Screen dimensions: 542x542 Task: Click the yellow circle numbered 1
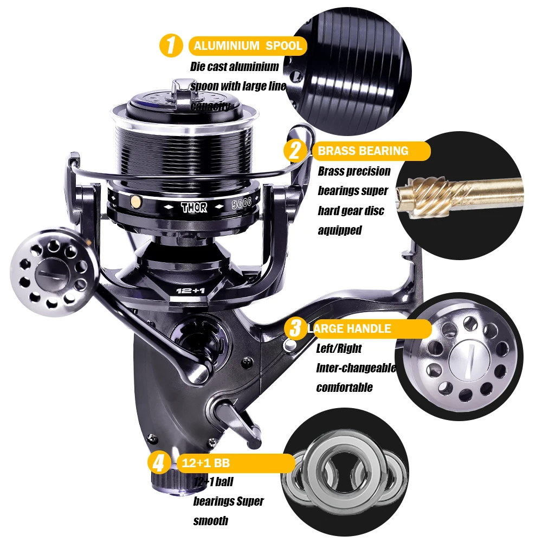coord(172,45)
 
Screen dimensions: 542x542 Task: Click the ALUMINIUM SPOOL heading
coord(248,46)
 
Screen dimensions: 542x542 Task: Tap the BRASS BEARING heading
coord(363,151)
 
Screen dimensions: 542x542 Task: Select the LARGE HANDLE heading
coord(350,328)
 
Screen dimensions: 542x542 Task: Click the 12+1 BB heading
coord(207,463)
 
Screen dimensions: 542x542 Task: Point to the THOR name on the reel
coord(194,208)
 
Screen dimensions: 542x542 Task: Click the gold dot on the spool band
coord(134,202)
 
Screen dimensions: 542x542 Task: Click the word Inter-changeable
coord(356,369)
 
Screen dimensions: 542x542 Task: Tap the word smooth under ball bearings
coord(210,521)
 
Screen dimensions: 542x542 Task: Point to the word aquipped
coord(339,230)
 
